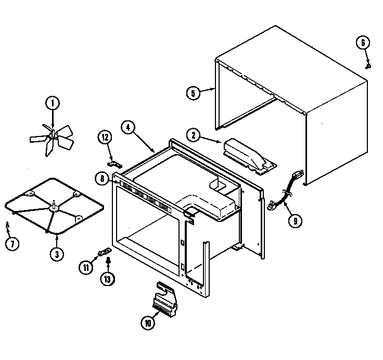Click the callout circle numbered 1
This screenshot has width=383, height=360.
(52, 103)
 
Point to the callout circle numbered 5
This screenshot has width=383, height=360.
(193, 93)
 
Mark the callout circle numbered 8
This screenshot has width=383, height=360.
(102, 179)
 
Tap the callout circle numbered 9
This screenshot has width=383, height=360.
(295, 220)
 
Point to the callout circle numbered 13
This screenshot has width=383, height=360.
(107, 279)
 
